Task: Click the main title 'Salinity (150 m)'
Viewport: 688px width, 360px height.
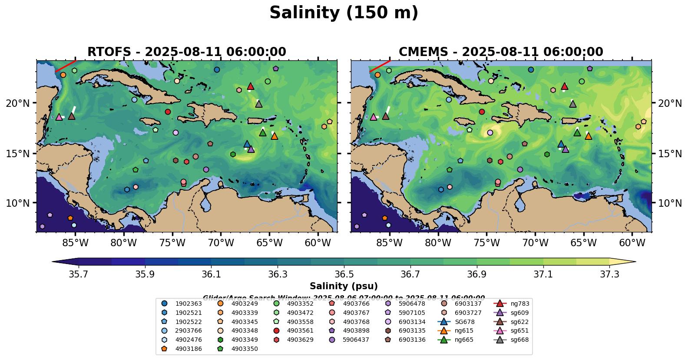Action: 344,13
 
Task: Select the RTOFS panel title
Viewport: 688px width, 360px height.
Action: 187,52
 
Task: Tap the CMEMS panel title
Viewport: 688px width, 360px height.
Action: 501,52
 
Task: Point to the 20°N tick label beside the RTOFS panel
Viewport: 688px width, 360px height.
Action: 18,103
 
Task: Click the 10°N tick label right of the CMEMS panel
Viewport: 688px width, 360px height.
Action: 670,203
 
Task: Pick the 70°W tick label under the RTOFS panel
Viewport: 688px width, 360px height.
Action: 221,243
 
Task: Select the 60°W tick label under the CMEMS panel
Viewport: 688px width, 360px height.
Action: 632,243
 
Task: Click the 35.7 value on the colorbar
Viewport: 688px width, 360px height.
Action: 79,274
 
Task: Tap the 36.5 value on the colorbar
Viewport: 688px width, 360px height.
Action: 344,274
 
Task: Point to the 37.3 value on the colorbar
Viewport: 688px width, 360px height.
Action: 609,274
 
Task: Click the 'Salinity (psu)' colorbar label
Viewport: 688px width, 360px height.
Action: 344,286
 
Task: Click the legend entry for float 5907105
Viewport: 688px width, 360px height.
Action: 412,313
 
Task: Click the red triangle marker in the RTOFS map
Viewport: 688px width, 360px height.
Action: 251,86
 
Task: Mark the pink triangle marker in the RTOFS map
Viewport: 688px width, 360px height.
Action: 59,117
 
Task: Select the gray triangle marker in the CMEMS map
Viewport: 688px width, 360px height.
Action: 573,104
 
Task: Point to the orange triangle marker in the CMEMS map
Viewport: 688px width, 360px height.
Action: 589,136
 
